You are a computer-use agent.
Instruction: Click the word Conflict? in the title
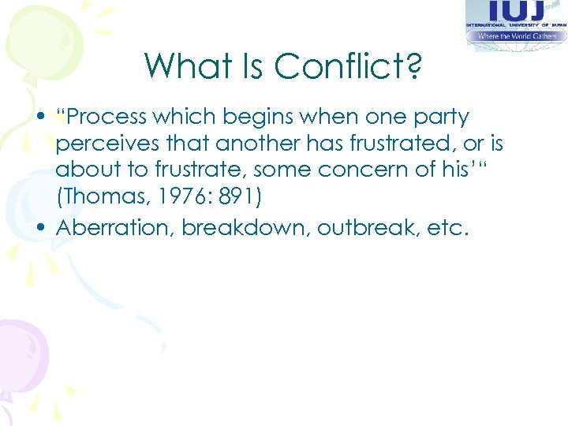(348, 66)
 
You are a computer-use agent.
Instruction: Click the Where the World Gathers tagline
(516, 36)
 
